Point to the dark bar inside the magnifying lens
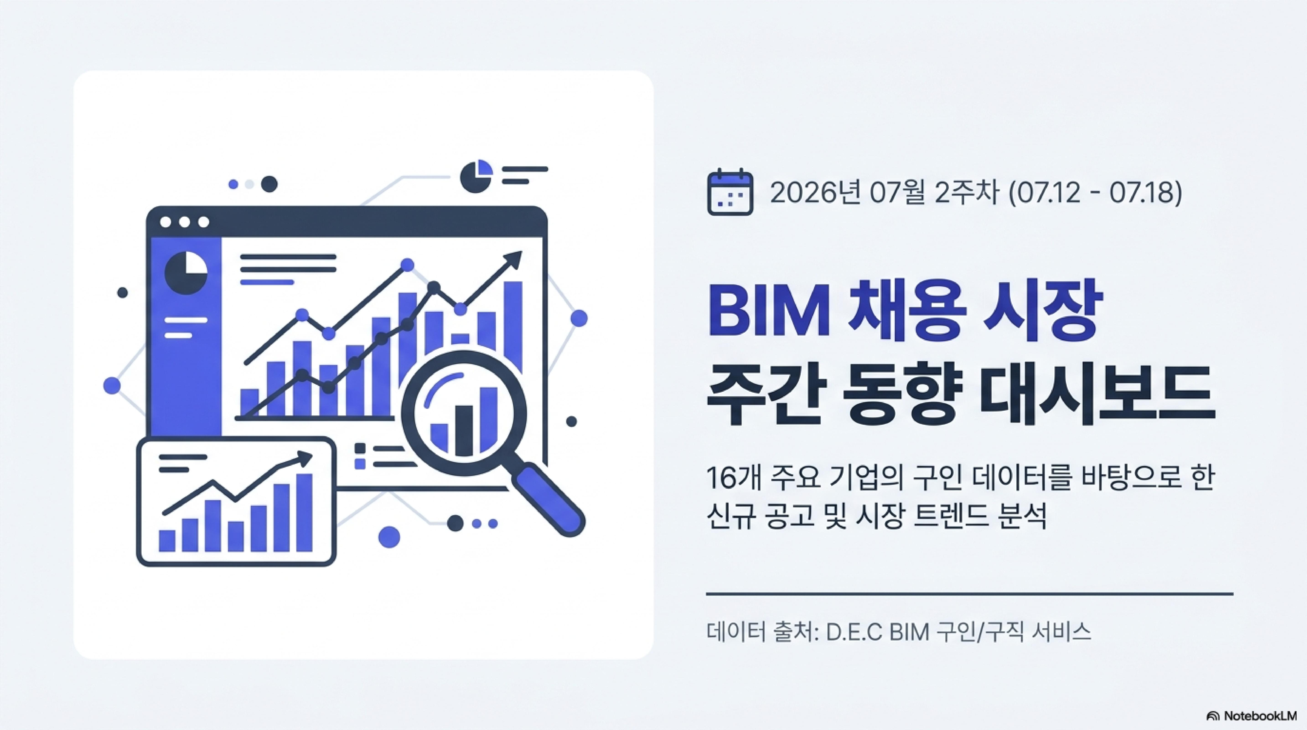(464, 430)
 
